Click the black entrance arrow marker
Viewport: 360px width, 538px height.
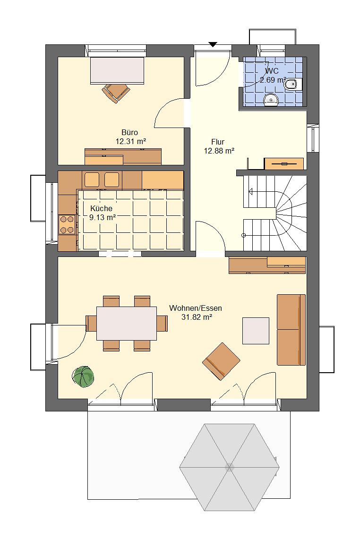point(213,44)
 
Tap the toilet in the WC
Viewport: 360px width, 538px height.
point(293,84)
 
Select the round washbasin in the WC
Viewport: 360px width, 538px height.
point(271,100)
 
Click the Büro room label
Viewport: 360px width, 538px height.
point(130,132)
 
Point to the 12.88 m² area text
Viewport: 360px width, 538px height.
point(219,151)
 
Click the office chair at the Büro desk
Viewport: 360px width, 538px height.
point(116,93)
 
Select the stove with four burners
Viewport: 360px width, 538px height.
point(67,224)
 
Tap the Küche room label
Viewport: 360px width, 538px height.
point(101,208)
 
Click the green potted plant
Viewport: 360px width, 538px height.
point(83,377)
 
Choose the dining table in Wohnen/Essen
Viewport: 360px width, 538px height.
point(127,324)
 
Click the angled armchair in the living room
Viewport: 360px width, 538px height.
point(222,361)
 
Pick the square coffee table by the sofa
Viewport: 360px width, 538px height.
point(256,331)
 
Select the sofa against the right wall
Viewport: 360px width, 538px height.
point(291,330)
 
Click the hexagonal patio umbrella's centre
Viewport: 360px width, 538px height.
point(229,467)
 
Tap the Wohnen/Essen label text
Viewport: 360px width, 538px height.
point(196,308)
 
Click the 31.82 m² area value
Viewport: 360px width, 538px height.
point(197,317)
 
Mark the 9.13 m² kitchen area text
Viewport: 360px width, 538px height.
point(102,217)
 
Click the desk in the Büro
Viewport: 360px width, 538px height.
point(117,70)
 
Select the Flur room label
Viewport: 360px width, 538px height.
point(218,142)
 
